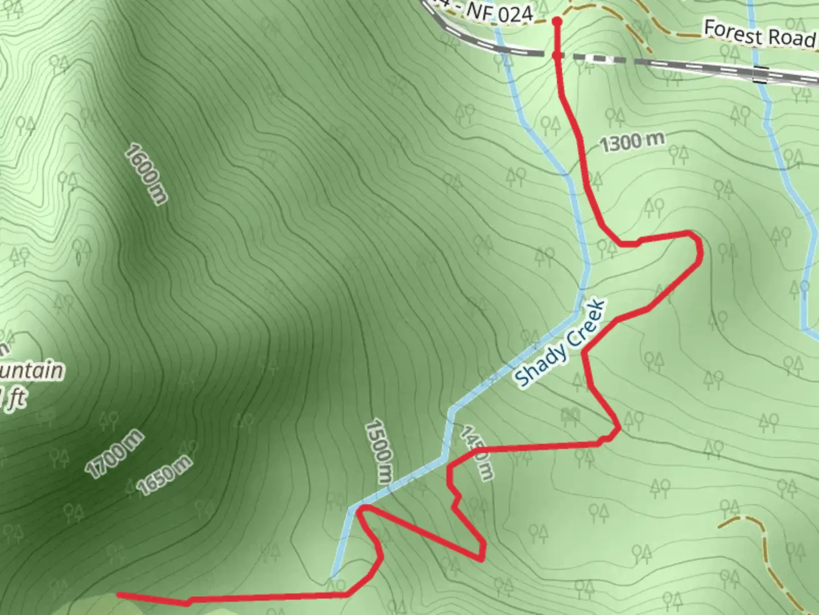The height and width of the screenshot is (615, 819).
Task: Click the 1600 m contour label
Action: (147, 174)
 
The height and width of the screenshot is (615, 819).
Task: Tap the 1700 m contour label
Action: (114, 453)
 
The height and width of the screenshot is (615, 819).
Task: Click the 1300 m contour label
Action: (632, 141)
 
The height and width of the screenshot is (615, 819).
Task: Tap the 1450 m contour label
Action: (476, 453)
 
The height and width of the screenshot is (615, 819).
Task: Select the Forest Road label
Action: (760, 34)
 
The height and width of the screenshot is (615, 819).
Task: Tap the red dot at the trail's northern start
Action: (557, 22)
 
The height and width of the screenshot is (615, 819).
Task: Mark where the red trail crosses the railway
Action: (557, 55)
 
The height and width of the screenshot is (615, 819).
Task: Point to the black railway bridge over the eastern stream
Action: (760, 73)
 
